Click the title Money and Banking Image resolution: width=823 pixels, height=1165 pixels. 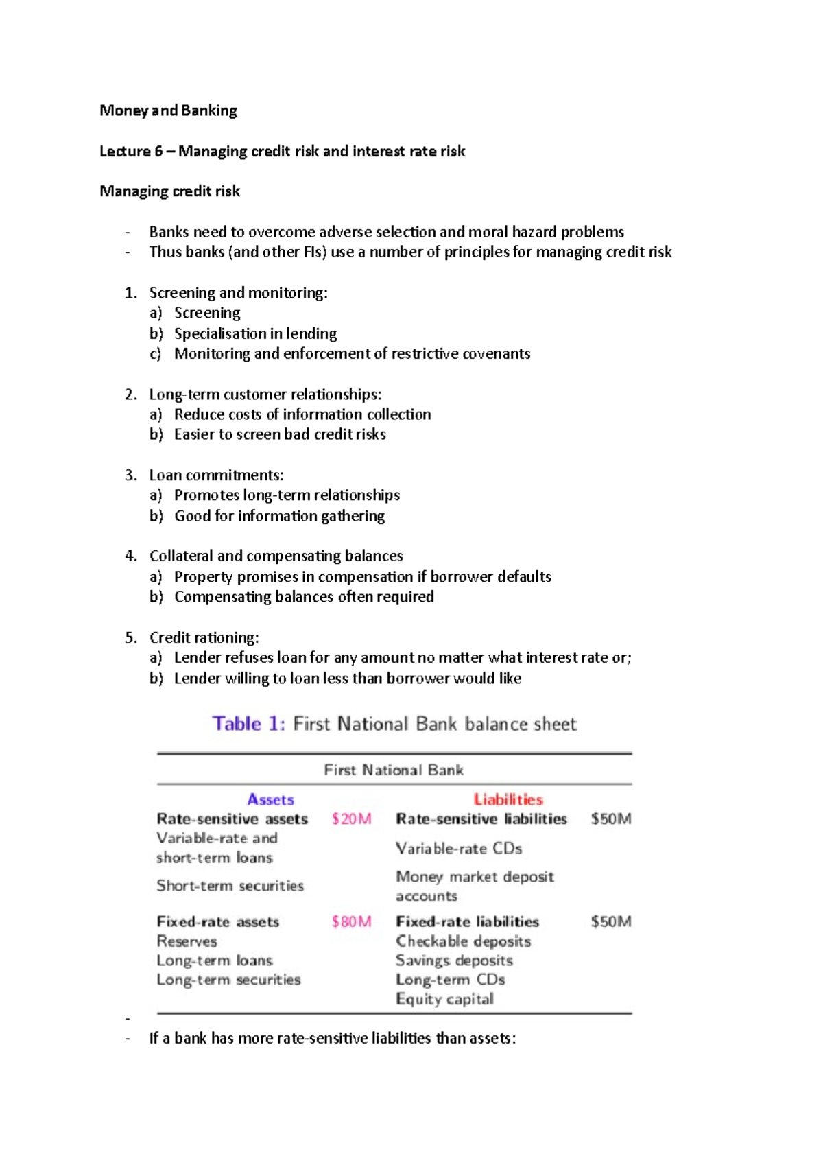pos(168,110)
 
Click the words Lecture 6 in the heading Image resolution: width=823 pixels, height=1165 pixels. pos(130,151)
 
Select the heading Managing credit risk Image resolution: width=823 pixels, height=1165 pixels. pos(169,191)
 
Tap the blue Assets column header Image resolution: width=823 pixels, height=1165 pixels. pos(270,799)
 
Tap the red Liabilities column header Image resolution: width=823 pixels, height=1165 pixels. pos(508,799)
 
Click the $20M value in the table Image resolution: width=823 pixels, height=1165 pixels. pos(351,819)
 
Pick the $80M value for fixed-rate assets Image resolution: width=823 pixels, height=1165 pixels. pos(351,921)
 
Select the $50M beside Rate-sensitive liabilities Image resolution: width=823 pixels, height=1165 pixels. pos(610,819)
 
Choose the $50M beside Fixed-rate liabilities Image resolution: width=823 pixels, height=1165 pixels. pos(610,921)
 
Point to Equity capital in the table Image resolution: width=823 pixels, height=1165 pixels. pos(444,999)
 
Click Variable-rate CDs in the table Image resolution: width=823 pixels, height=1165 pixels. pos(459,849)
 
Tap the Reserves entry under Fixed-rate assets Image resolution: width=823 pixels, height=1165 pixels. pos(187,941)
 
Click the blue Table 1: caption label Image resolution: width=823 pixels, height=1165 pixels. pos(248,724)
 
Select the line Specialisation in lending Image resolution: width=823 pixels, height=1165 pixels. pos(255,333)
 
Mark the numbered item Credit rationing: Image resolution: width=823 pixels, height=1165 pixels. pos(204,637)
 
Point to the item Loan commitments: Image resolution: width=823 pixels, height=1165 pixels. pos(216,475)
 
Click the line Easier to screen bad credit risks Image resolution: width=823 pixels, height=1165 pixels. pos(280,434)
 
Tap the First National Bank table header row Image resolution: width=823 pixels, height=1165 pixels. pos(394,770)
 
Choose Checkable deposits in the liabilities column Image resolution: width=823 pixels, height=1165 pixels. pos(463,941)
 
